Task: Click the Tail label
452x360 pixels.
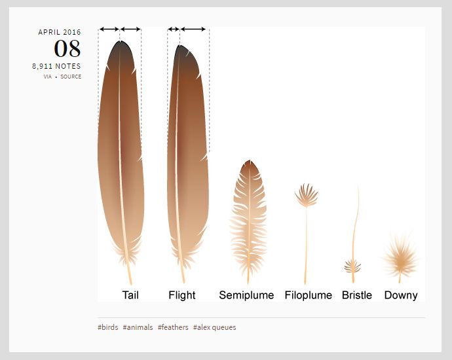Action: (130, 295)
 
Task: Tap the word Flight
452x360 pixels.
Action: (182, 295)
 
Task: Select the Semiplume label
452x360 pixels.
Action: (246, 295)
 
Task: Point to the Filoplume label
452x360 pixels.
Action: (309, 295)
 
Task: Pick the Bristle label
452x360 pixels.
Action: (357, 295)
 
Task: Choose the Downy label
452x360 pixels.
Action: (401, 295)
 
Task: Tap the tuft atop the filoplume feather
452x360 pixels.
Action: (307, 196)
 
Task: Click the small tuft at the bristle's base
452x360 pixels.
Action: (352, 266)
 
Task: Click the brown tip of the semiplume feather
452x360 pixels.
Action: (250, 167)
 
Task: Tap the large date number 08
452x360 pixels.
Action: (67, 48)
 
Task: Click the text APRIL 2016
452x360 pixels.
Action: (60, 32)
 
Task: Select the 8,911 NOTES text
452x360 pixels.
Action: (56, 66)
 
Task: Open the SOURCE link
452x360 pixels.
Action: (71, 77)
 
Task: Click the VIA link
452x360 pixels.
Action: (48, 77)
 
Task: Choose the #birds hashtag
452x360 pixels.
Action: (108, 327)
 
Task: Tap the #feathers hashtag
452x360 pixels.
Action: (173, 327)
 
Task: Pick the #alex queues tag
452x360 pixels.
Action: (214, 328)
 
